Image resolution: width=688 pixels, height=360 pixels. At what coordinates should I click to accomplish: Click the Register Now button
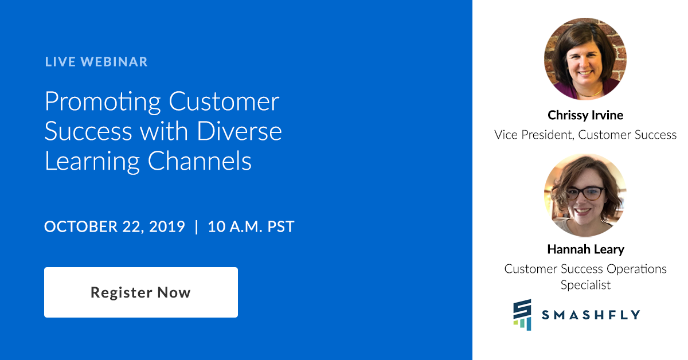[x=140, y=292]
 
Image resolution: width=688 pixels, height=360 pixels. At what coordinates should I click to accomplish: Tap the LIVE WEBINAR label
[x=96, y=61]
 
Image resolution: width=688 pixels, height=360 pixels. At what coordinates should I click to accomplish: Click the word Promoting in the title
[x=103, y=102]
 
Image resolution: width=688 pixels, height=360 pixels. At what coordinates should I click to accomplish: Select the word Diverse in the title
[x=240, y=131]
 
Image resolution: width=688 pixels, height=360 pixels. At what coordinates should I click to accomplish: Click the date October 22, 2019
[x=115, y=226]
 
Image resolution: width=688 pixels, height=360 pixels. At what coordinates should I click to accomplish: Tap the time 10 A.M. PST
[x=251, y=226]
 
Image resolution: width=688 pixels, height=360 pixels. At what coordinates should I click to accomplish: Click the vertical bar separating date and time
[x=197, y=226]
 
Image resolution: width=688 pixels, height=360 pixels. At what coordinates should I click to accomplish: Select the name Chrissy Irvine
[x=585, y=115]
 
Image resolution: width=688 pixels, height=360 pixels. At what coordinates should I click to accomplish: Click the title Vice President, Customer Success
[x=585, y=135]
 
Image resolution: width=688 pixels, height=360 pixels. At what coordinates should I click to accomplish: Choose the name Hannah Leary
[x=585, y=249]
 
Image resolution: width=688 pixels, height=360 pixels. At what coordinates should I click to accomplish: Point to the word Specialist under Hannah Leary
[x=585, y=285]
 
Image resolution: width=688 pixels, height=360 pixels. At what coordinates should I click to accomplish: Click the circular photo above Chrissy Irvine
[x=585, y=58]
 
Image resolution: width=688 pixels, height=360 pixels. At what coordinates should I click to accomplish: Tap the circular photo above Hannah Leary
[x=585, y=195]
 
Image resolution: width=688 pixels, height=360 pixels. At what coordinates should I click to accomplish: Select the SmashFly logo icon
[x=522, y=315]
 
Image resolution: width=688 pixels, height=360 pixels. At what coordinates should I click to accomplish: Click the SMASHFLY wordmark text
[x=591, y=315]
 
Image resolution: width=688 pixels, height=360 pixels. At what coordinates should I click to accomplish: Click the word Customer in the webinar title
[x=224, y=102]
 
